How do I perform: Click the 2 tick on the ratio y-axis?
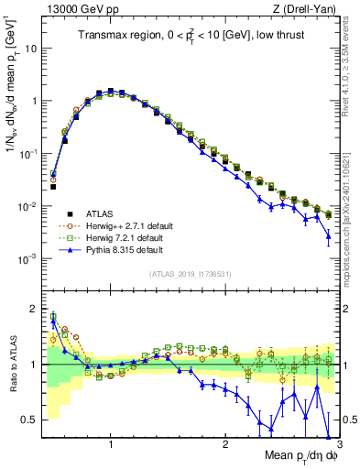[x=33, y=308]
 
